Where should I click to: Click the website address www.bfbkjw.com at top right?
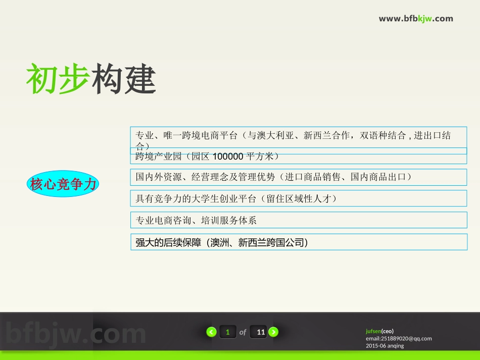416,19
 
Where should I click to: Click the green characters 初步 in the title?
58,79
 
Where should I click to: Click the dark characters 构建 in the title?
124,79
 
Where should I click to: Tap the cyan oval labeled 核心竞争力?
63,184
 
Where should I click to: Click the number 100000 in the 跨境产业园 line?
228,156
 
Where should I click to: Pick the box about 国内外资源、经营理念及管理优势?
298,177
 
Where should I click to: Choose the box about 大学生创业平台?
298,198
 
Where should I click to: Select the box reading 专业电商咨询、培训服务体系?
298,220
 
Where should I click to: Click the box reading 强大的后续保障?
298,242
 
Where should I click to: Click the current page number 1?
228,332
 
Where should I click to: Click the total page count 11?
261,332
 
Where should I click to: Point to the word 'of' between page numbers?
243,332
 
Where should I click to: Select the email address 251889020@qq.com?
406,338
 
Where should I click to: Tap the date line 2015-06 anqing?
385,346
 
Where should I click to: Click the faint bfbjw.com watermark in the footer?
76,334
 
